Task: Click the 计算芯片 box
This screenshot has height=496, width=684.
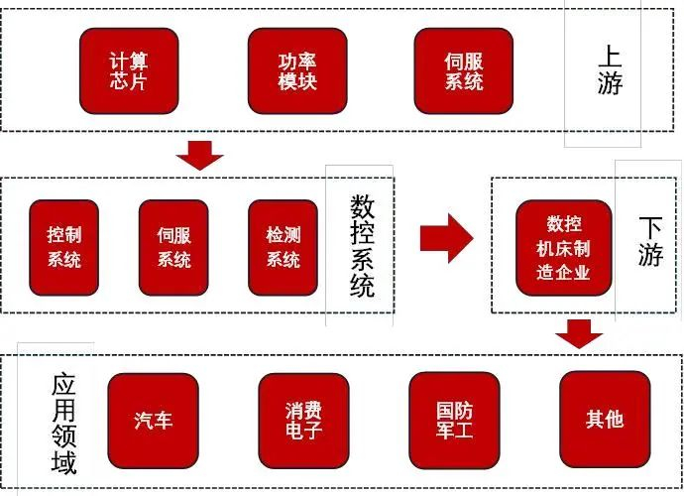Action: click(x=129, y=70)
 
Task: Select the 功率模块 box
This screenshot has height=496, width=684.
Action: click(x=296, y=70)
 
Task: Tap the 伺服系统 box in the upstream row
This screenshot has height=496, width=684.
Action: click(x=463, y=70)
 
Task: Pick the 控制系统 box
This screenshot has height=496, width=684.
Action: click(x=64, y=248)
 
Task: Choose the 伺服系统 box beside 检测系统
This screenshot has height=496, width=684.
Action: click(x=173, y=248)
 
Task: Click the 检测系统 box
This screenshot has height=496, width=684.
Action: click(x=283, y=248)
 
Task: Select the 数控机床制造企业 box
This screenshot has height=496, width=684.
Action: click(x=563, y=247)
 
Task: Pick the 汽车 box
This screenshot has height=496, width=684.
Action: click(x=154, y=420)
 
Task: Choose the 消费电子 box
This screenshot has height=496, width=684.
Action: click(x=303, y=420)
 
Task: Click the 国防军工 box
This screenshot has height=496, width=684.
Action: click(x=454, y=420)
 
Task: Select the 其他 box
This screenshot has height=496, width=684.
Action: click(x=604, y=420)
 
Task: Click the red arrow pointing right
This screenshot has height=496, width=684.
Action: click(x=446, y=238)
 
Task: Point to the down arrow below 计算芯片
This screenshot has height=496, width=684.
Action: click(x=198, y=155)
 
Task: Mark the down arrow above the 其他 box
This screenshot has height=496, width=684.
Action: click(x=579, y=333)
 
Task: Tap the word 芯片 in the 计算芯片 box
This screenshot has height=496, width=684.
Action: click(x=129, y=81)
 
